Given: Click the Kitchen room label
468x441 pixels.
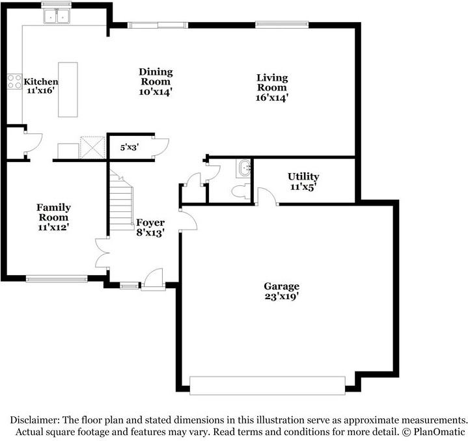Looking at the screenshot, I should coord(41,82).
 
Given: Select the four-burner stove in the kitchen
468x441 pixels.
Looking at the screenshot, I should coord(14,81).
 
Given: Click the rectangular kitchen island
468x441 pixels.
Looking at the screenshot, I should coord(68,90).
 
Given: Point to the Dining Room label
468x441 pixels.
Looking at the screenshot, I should coord(155,77).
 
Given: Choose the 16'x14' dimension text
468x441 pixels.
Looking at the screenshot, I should coord(271,98).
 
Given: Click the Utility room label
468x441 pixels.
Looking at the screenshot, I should coord(303,177).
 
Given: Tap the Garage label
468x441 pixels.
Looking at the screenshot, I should coord(281,286).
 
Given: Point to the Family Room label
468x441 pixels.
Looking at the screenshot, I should coord(54,212).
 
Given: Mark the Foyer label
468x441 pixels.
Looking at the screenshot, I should coord(150,222).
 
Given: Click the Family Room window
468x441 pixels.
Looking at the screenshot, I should coord(57,279).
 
